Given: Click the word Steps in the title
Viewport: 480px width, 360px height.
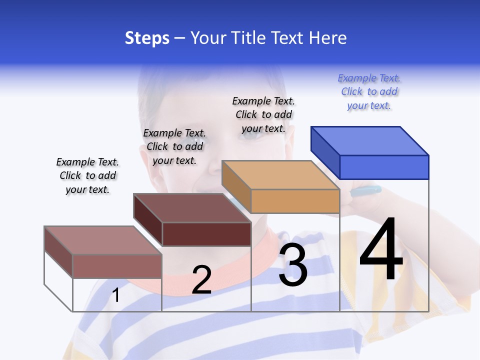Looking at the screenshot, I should [147, 38].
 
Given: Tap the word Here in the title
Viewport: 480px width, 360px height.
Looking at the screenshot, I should [327, 38].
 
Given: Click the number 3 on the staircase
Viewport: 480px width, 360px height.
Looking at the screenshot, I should [292, 265].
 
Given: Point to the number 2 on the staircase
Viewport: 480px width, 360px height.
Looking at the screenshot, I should [201, 280].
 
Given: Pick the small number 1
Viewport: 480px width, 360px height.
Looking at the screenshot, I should [116, 295].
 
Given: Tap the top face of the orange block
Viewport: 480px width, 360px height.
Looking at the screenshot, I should [280, 175].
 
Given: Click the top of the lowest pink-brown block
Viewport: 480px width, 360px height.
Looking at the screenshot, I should [103, 240].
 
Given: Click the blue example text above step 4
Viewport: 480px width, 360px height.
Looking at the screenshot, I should [369, 92].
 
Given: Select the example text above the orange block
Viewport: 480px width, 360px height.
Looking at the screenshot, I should [263, 114].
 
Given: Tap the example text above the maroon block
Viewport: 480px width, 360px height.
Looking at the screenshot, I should [174, 146].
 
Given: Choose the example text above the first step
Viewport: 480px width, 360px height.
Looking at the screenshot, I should [87, 175].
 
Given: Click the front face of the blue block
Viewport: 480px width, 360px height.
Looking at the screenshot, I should [384, 167].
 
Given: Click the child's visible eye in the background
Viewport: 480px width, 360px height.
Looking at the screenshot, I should [253, 133].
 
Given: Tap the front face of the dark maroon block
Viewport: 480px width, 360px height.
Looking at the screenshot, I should [206, 234].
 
